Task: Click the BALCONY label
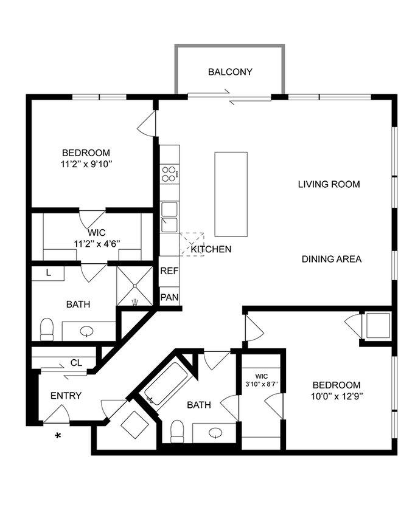coord(230,72)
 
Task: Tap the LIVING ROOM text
coord(329,184)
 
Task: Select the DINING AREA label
coord(332,259)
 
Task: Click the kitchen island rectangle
coord(231,195)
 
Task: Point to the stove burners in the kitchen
coord(170,174)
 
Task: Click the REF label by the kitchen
coord(169,272)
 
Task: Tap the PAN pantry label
coord(169,298)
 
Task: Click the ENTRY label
coord(66,396)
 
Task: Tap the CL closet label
coord(76,363)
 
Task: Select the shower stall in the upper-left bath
coord(134,286)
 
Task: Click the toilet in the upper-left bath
coord(47,329)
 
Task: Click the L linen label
coord(48,273)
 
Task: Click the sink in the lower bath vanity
coord(214,433)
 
